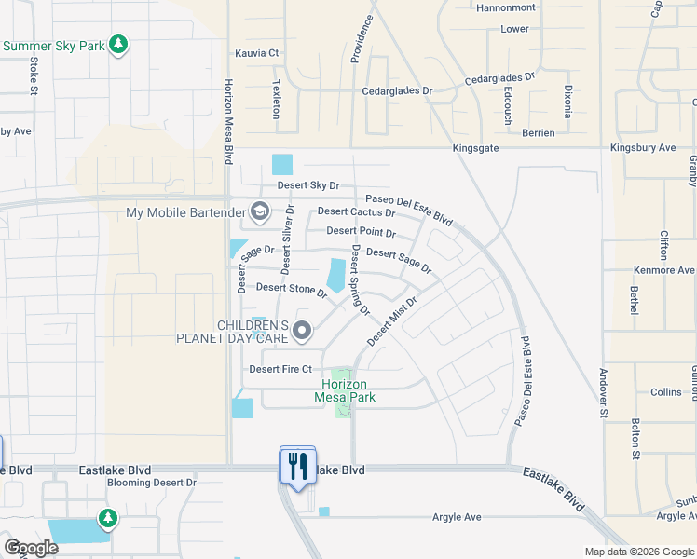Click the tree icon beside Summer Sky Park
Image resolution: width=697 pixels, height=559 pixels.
(117, 45)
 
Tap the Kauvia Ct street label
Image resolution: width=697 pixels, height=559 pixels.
(257, 53)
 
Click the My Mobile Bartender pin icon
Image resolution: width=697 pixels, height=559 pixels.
(260, 212)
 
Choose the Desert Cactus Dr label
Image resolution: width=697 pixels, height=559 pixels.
(357, 212)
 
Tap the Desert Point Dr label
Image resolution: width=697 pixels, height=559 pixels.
(361, 231)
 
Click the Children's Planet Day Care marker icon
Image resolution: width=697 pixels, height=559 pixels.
(301, 330)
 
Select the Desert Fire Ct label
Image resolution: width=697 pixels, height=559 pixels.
(280, 369)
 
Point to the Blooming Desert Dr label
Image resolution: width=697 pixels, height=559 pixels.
(152, 483)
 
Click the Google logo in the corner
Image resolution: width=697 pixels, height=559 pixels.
(31, 548)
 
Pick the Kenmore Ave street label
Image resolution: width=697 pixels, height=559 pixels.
(664, 270)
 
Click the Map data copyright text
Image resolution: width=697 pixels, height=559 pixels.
(637, 551)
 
